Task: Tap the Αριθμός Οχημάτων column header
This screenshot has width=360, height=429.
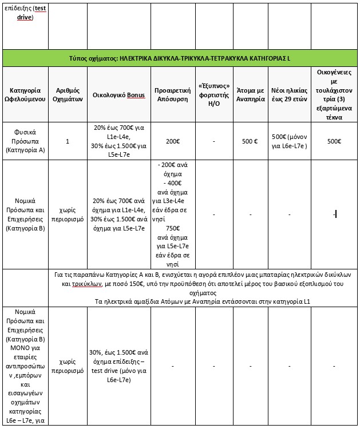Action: tap(67, 95)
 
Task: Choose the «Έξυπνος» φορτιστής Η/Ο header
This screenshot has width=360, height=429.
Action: tap(213, 95)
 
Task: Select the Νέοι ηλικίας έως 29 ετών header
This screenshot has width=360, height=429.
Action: tap(290, 95)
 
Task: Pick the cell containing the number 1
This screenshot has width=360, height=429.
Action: tap(67, 141)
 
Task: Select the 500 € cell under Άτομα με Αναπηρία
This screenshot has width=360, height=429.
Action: tap(250, 141)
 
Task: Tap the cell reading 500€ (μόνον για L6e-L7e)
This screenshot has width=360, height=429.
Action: tap(290, 141)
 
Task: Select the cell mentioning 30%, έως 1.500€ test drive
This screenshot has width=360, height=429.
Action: tap(119, 362)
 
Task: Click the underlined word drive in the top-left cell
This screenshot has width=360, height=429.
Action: tap(24, 17)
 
